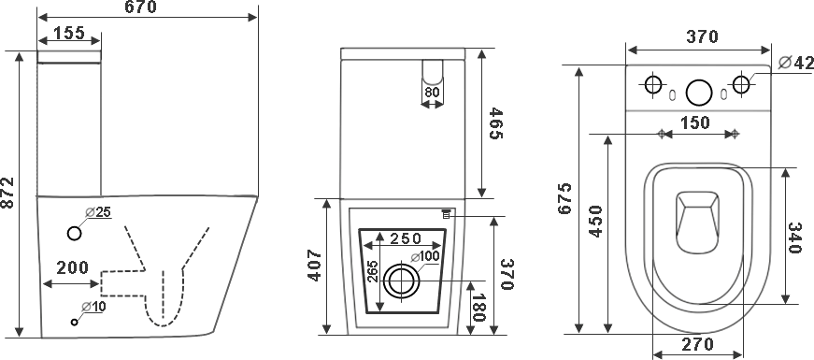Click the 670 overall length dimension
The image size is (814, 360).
141,7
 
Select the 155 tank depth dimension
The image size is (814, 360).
69,33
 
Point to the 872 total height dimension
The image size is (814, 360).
7,194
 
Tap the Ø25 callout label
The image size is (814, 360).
99,212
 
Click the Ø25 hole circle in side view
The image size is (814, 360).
75,234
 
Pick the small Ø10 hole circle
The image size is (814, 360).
74,322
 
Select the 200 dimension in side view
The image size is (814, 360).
73,268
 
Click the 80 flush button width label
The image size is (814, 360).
433,93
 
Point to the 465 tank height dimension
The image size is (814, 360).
495,123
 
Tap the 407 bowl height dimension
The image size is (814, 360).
315,266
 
